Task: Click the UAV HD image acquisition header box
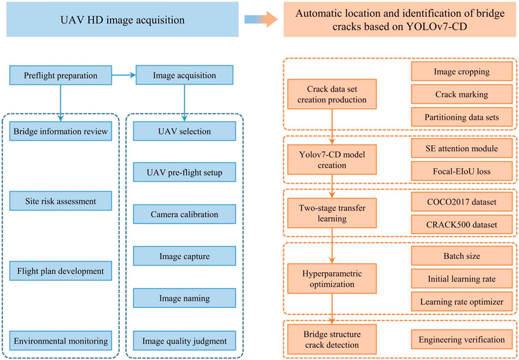pyautogui.click(x=121, y=21)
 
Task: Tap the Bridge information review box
pyautogui.click(x=60, y=131)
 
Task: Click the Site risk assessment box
pyautogui.click(x=60, y=200)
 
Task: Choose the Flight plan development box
pyautogui.click(x=60, y=270)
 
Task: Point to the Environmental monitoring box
pyautogui.click(x=60, y=340)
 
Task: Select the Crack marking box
pyautogui.click(x=462, y=95)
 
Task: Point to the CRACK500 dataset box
pyautogui.click(x=462, y=224)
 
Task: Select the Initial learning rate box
pyautogui.click(x=462, y=279)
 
